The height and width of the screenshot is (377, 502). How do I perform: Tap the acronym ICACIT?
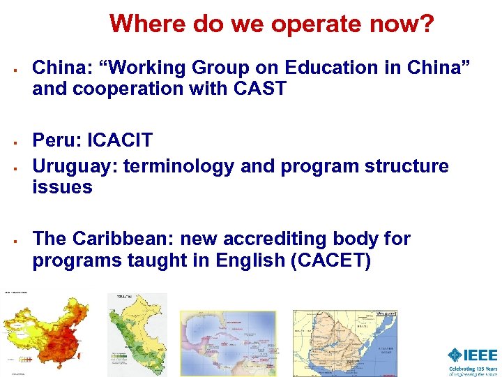point(120,140)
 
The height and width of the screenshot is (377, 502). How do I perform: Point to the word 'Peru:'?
point(57,140)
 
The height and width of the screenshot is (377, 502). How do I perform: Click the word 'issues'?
point(62,187)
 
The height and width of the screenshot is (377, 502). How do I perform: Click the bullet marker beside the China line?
point(14,69)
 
